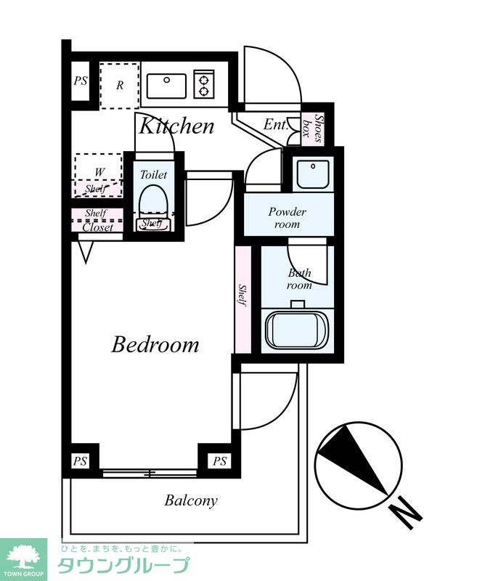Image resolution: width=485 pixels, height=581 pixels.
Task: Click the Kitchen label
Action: (x=176, y=126)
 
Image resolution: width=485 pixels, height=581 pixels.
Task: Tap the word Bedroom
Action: (x=155, y=344)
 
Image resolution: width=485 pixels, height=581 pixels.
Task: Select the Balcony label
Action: (x=191, y=500)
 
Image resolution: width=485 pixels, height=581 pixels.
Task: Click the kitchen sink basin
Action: (x=167, y=86)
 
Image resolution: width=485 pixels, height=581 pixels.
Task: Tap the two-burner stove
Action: (x=204, y=84)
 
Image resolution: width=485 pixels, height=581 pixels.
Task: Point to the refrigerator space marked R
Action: (x=120, y=86)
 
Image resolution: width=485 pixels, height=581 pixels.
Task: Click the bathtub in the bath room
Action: (x=297, y=330)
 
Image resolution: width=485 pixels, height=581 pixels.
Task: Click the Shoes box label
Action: (x=313, y=128)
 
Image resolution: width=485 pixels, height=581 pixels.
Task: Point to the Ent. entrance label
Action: (x=275, y=124)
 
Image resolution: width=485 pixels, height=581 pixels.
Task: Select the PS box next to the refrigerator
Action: (x=81, y=81)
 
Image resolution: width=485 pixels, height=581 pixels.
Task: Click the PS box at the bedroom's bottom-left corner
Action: (x=81, y=461)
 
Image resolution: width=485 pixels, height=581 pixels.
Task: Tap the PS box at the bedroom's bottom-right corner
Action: (x=219, y=461)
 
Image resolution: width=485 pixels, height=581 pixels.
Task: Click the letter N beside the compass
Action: (x=406, y=515)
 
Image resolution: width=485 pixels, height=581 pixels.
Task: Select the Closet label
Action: (x=97, y=227)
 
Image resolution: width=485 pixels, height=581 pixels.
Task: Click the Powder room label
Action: (x=287, y=218)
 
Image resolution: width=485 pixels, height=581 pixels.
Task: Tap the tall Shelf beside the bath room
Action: (x=243, y=298)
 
